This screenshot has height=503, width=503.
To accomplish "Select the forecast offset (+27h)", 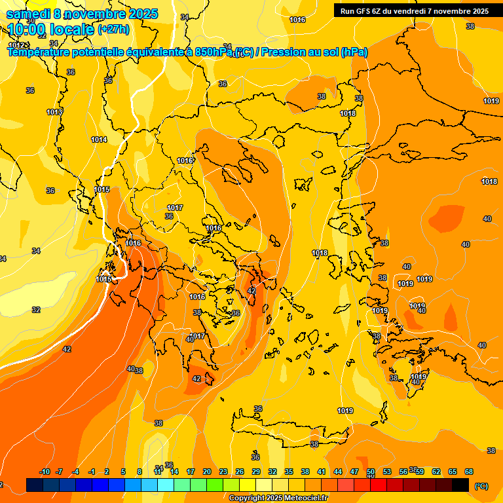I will pos(113,29).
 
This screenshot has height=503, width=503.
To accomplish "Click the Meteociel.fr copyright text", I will pos(278,498).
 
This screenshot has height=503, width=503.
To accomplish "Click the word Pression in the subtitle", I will pos(282,52).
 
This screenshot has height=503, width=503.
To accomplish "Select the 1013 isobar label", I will pos(54,112).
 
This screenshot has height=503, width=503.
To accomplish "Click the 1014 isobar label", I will pos(99,140).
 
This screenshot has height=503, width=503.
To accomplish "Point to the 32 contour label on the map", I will pos(36,310).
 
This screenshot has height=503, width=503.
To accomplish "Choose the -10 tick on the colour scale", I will pos(45,472).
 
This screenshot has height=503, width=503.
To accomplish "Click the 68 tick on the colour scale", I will pos(469,472).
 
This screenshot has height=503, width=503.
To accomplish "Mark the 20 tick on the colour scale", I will pos(207,472).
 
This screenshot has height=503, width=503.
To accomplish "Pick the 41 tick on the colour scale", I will pos(322,472).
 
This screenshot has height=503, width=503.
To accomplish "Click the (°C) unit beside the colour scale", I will pos(481,486).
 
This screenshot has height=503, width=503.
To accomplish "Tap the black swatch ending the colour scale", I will pos(460,485).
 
